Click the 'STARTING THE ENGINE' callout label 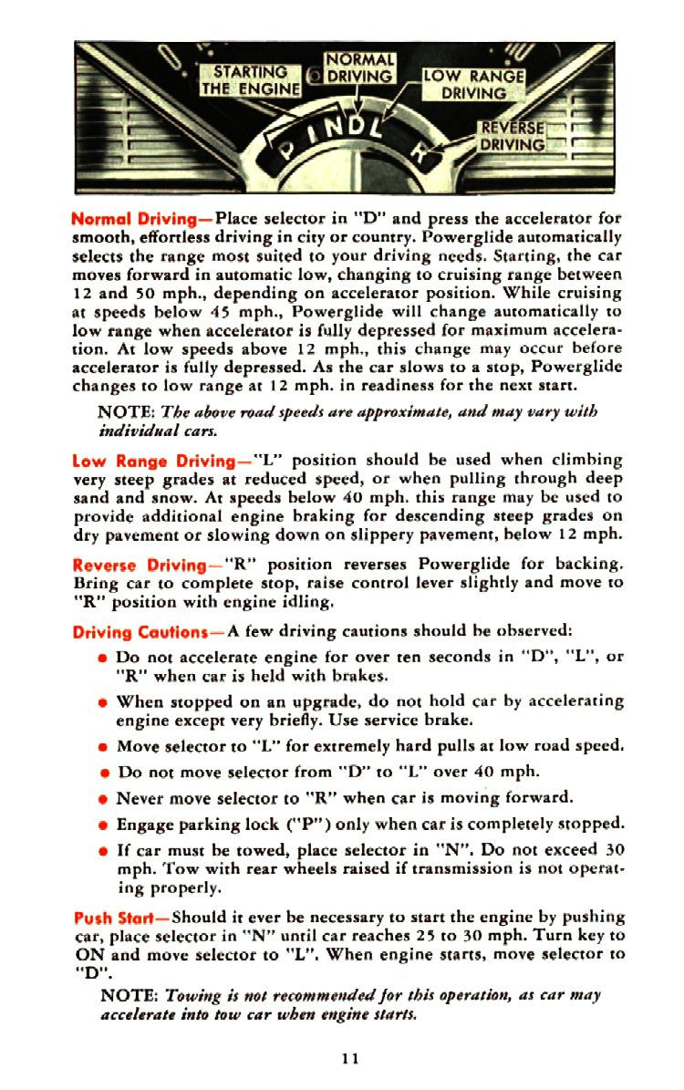pos(250,80)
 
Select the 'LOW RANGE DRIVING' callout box pos(473,85)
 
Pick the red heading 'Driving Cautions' pos(147,629)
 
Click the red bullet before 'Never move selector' pos(106,798)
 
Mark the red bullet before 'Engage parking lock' pos(106,825)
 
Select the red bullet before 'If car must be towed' pos(106,851)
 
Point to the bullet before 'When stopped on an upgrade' pos(106,701)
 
